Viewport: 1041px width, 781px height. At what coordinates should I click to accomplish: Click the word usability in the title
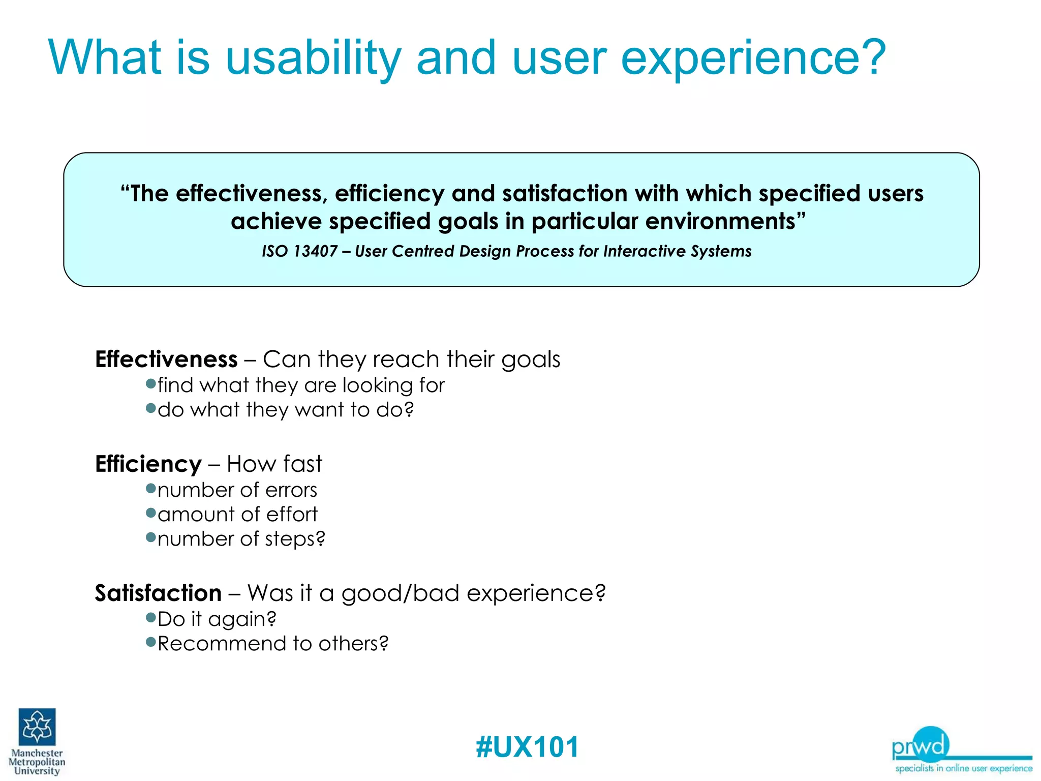[x=313, y=58]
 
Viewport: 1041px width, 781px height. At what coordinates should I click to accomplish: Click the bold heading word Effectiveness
[x=166, y=359]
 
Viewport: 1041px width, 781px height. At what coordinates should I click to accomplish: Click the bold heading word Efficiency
[x=148, y=464]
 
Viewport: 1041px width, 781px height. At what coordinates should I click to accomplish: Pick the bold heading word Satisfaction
[x=158, y=593]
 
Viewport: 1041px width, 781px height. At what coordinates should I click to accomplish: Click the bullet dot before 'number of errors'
[x=150, y=489]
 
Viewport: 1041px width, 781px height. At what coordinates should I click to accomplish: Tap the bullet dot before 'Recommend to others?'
[x=150, y=642]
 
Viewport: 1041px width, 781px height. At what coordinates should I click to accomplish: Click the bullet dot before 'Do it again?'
[x=150, y=618]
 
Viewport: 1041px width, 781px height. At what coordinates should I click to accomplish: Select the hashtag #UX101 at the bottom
[x=527, y=747]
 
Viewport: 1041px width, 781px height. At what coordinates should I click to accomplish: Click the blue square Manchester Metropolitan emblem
[x=37, y=727]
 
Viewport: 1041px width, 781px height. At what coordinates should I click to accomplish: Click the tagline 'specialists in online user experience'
[x=964, y=768]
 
